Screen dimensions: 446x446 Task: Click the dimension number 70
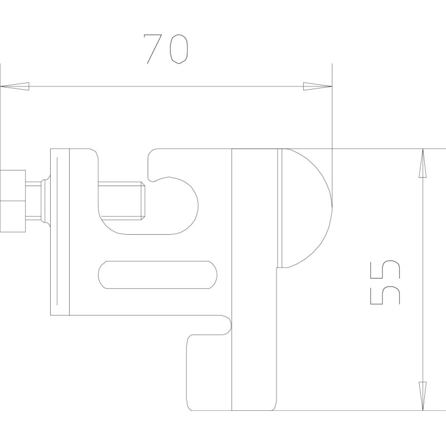pos(166,49)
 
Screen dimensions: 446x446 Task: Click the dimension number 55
pos(385,282)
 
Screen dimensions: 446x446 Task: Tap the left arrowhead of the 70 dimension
pos(15,86)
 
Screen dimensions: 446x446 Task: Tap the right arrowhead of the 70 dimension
pos(317,86)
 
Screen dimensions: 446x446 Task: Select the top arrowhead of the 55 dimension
pos(423,163)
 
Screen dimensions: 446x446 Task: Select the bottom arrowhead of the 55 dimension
pos(423,396)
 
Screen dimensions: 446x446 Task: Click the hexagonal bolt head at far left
pos(13,201)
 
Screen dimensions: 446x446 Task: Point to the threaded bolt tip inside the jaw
pos(122,201)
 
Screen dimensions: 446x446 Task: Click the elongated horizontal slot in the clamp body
pos(158,275)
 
